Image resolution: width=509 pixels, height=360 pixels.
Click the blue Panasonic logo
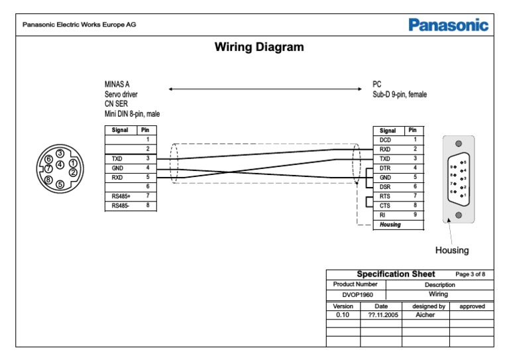(x=448, y=26)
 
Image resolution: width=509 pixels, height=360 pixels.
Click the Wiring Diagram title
(x=259, y=47)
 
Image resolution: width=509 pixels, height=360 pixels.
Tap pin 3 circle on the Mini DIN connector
(x=60, y=154)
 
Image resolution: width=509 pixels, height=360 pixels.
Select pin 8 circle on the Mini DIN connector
(x=48, y=180)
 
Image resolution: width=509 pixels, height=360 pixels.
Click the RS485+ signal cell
(x=121, y=196)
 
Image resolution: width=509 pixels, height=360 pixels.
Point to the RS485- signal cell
(x=121, y=206)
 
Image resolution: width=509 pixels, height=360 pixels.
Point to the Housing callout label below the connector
(x=451, y=250)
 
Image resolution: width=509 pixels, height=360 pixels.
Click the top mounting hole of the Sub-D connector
(x=458, y=144)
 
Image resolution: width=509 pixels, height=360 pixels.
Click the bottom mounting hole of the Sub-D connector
(x=458, y=215)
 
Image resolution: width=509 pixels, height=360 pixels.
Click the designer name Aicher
(x=425, y=315)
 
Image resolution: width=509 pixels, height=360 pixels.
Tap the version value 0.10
(x=342, y=315)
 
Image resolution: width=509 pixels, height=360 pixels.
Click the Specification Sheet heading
(x=396, y=274)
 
